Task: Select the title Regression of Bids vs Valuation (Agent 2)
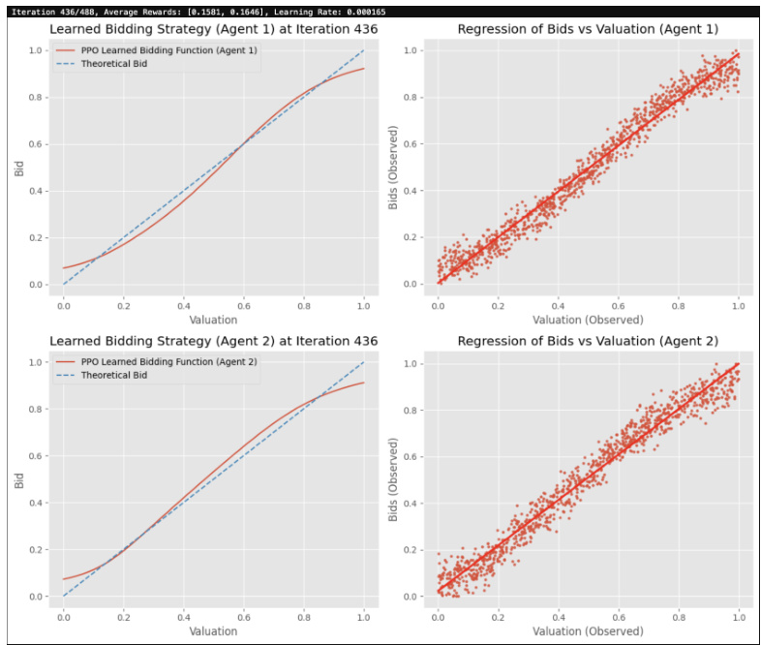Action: [588, 341]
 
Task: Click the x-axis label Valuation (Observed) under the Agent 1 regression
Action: [588, 320]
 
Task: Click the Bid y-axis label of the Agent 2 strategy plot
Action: [19, 479]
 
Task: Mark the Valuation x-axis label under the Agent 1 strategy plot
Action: [214, 320]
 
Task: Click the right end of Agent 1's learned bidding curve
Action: [364, 69]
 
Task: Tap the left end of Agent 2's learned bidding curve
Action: [64, 579]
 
